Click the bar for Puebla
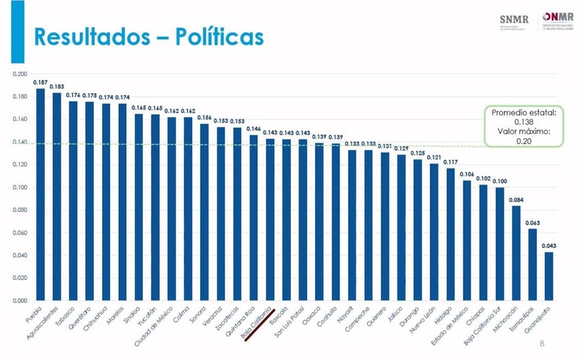[41, 195]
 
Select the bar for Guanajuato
[549, 276]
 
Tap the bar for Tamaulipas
[532, 264]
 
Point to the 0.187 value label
[40, 82]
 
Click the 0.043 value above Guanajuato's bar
[549, 246]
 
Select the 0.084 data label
[516, 200]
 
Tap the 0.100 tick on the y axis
[19, 188]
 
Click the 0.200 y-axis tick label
[19, 74]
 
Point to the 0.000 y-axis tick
[19, 301]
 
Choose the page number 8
[542, 344]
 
